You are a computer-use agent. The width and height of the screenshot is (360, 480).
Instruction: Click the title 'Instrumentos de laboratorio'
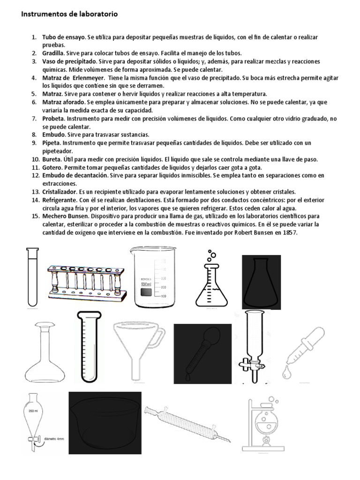(x=68, y=15)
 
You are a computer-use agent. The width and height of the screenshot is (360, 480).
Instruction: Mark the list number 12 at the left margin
(x=35, y=175)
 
